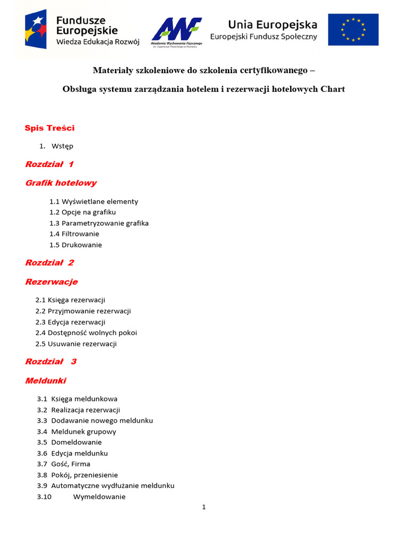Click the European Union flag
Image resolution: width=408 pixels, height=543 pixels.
(x=353, y=30)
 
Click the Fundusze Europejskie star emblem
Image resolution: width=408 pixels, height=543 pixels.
(x=38, y=30)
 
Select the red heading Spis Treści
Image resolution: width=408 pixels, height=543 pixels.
(x=50, y=128)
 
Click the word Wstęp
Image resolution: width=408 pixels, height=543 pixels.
(x=63, y=146)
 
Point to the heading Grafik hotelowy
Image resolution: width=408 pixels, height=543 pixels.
(x=61, y=183)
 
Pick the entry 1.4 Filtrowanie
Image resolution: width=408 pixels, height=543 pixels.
(x=74, y=234)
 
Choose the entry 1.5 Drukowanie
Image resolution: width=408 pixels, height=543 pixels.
(x=75, y=245)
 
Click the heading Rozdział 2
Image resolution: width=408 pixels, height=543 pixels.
(x=50, y=262)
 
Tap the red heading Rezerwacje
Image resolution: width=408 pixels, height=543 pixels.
(x=52, y=282)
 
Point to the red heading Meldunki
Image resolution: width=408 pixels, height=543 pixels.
(x=46, y=381)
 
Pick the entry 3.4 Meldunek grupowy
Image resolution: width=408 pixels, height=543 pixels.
(x=76, y=432)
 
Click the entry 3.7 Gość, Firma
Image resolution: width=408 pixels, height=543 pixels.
(x=64, y=464)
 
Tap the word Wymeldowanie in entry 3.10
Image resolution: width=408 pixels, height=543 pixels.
(x=99, y=497)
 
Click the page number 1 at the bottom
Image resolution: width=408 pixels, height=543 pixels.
(x=203, y=507)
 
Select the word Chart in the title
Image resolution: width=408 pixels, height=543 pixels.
(x=333, y=89)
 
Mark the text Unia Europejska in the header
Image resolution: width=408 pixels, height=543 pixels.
(x=273, y=24)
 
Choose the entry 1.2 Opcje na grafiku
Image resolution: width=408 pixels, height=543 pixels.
(x=82, y=212)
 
